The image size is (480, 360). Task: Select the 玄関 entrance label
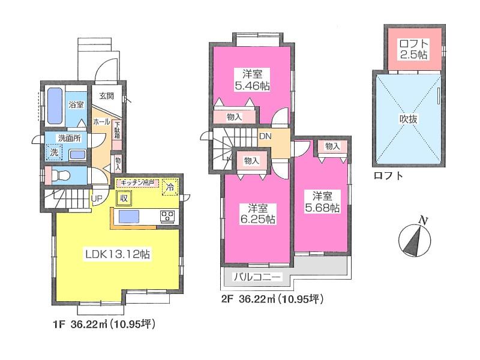pos(107,95)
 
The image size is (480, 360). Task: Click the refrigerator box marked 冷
pos(170,188)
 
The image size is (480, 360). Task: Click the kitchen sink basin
pos(128,217)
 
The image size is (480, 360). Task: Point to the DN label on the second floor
pos(265,136)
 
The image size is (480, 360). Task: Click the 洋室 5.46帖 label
pos(252,80)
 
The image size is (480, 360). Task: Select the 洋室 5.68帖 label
pos(326,201)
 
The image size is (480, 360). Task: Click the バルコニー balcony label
pos(257,278)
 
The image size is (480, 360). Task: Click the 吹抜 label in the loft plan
pos(409,119)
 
